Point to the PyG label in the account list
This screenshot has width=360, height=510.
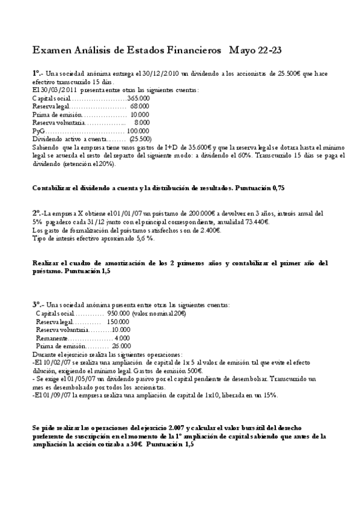38,131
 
